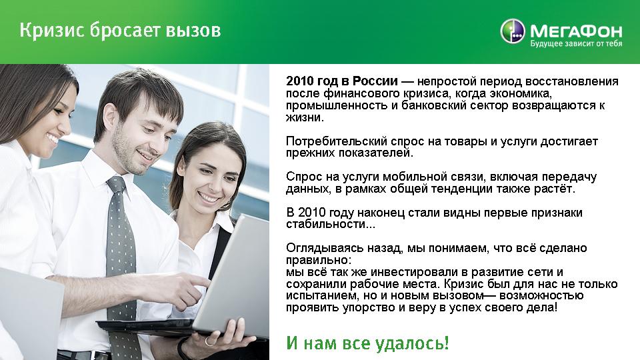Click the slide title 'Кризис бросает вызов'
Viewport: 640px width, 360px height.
[121, 31]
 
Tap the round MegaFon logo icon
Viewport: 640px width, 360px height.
[513, 31]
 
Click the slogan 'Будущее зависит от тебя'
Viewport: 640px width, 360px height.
[576, 44]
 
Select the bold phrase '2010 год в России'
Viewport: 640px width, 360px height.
[341, 81]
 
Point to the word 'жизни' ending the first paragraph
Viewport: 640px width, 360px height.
[303, 117]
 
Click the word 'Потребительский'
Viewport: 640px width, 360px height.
[337, 141]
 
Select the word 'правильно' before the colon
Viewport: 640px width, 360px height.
[316, 260]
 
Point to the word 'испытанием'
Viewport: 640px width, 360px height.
[319, 295]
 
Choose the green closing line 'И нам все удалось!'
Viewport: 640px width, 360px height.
[367, 343]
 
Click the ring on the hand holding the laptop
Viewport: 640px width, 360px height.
[209, 341]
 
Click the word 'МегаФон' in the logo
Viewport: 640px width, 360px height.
[576, 31]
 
